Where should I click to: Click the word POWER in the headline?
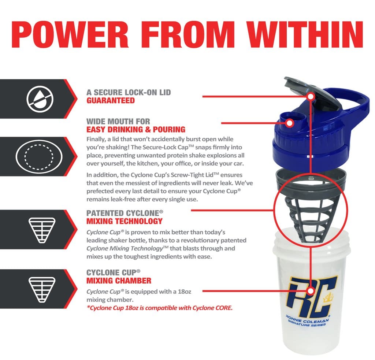(x=70, y=35)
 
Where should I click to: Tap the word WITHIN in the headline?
(x=305, y=35)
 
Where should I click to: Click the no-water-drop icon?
(x=40, y=99)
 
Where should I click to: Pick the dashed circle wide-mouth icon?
(x=39, y=156)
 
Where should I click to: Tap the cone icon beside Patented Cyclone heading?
(x=42, y=230)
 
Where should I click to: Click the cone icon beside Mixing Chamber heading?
(x=42, y=290)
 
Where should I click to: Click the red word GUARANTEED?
(x=111, y=100)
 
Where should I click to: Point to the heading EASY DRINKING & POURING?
(x=136, y=130)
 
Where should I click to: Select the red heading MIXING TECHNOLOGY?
(x=125, y=221)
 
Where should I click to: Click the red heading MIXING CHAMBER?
(x=119, y=281)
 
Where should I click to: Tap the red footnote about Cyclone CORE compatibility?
(x=160, y=308)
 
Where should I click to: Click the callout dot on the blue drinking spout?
(x=290, y=123)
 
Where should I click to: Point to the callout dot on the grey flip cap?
(x=311, y=97)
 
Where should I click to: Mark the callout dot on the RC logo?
(x=311, y=291)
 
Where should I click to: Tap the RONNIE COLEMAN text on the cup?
(x=308, y=319)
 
